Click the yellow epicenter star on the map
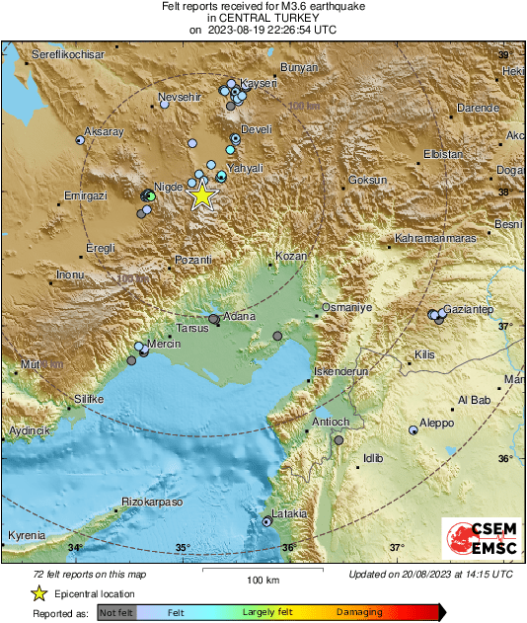point(201,195)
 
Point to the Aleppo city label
point(437,423)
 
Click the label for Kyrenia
point(26,535)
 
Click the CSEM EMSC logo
point(476,542)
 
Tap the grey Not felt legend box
point(115,613)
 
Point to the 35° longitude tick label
point(183,548)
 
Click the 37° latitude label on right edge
point(504,325)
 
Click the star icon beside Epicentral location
point(39,593)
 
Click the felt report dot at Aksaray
point(80,140)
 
